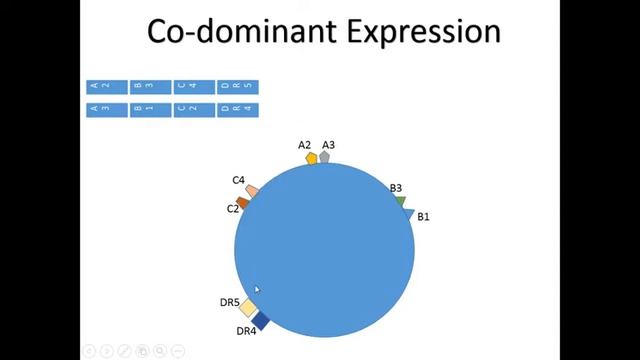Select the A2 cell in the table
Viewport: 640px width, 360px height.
point(106,87)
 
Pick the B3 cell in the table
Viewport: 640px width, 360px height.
point(150,87)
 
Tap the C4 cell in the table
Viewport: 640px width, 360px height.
point(193,87)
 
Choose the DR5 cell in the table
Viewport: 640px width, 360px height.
point(237,87)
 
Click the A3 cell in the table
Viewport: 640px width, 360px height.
point(106,109)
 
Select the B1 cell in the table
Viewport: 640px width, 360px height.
point(150,109)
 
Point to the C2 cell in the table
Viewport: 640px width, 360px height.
point(193,109)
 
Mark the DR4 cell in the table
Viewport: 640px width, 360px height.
point(237,109)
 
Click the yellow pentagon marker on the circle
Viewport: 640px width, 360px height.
point(312,158)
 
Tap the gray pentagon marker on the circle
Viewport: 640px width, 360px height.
point(324,157)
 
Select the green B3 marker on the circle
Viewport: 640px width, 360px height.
point(400,201)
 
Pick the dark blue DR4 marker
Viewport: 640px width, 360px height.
point(261,319)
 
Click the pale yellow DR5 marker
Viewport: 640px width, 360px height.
point(248,307)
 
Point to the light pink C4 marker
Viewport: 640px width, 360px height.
point(252,190)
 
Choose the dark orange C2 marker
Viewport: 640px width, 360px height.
point(242,202)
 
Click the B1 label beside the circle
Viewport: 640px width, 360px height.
point(423,216)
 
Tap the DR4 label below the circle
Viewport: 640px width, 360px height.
point(246,331)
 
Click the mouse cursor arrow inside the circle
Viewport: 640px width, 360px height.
point(257,289)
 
